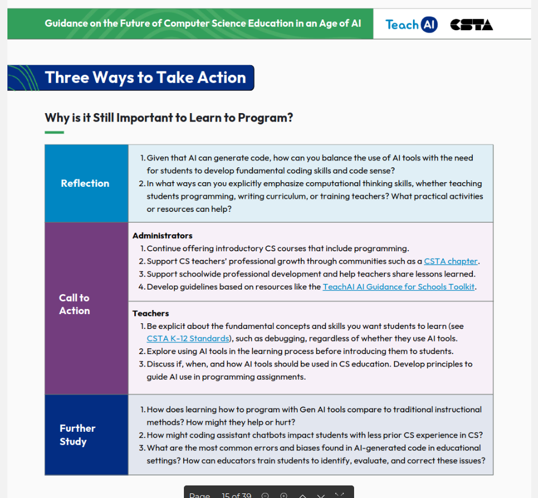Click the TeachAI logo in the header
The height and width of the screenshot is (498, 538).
[411, 25]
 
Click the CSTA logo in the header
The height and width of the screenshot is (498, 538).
[472, 25]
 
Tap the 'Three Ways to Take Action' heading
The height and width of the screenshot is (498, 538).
[145, 78]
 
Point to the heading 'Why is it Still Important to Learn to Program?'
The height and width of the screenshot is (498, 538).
[169, 118]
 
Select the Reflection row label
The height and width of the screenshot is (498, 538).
[85, 183]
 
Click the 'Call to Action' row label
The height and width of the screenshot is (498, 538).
[74, 304]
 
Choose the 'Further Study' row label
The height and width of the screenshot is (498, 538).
[77, 435]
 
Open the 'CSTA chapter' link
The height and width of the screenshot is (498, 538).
[451, 262]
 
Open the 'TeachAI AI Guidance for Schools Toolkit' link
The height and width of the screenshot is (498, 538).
[399, 287]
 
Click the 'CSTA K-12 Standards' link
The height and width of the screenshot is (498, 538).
[188, 339]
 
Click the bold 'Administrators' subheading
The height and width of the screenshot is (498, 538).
[162, 236]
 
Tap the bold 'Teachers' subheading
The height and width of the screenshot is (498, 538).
[151, 314]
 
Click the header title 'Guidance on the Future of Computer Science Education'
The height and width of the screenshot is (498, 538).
[203, 23]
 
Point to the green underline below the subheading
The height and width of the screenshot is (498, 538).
[54, 132]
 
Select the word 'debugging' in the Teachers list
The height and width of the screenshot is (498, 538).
[287, 339]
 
